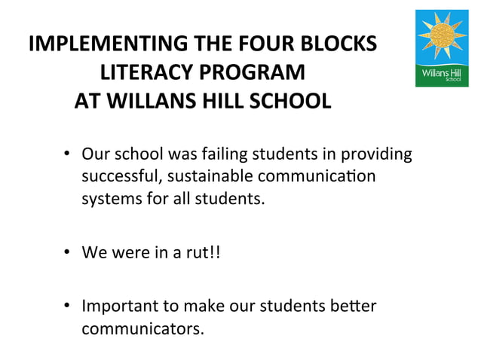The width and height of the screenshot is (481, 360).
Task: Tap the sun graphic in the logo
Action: (x=442, y=38)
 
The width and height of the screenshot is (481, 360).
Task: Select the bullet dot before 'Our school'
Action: (x=67, y=155)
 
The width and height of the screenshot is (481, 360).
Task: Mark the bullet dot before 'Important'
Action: (x=67, y=307)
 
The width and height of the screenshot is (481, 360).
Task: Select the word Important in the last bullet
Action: (x=121, y=307)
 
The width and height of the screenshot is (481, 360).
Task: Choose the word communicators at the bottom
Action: (x=142, y=330)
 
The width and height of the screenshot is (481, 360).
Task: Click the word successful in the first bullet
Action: (x=115, y=178)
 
